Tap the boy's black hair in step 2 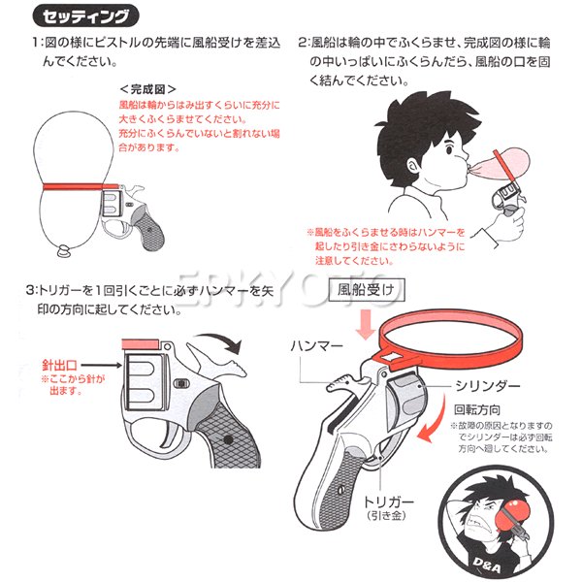(x=403, y=121)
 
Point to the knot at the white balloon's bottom (x=60, y=255)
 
